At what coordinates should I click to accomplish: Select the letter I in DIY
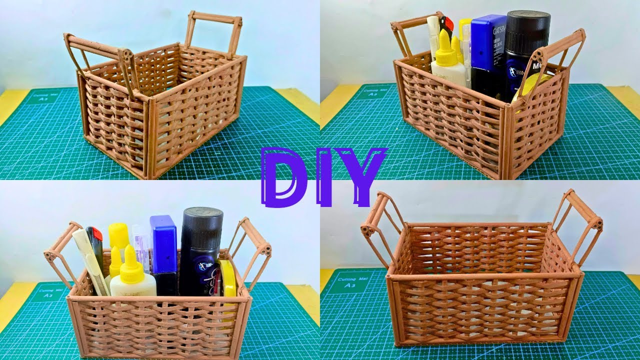[326, 176]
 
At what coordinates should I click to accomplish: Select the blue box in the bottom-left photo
[163, 245]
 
